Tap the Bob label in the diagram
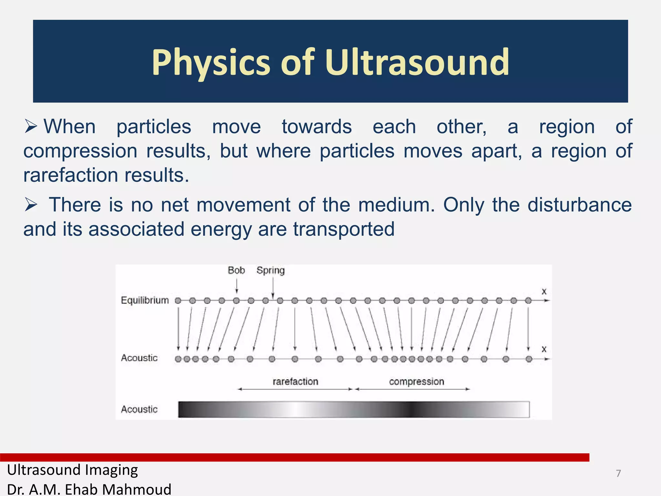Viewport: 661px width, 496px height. (x=236, y=270)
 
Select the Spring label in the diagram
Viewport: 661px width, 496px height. (x=270, y=270)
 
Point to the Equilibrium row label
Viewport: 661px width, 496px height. (x=145, y=300)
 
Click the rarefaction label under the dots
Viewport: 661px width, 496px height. (x=295, y=381)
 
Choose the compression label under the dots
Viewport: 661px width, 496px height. (x=416, y=381)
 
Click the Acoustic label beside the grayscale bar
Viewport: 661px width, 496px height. (x=139, y=409)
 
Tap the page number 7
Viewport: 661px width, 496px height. (x=618, y=473)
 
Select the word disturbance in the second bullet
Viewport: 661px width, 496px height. (x=579, y=205)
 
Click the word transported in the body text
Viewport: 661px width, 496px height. (x=344, y=229)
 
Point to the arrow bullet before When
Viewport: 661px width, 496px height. (x=31, y=127)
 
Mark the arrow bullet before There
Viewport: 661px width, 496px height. (x=31, y=205)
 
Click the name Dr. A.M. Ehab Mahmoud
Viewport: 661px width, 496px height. (x=89, y=489)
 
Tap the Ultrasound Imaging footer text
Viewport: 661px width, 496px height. (x=72, y=470)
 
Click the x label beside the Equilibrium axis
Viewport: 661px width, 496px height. (x=544, y=292)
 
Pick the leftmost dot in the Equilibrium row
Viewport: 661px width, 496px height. (x=178, y=301)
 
